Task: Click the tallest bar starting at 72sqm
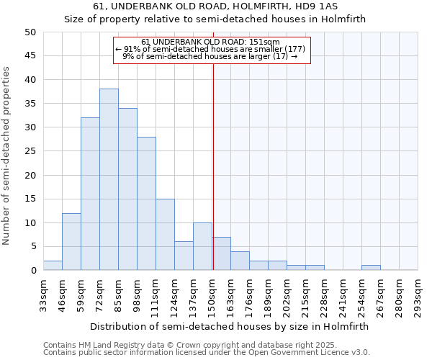point(109,179)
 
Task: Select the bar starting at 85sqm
point(127,189)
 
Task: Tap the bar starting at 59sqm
point(90,194)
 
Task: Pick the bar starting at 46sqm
point(71,241)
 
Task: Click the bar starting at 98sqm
point(146,203)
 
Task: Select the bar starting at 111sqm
point(165,234)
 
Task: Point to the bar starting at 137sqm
point(202,246)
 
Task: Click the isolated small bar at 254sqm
point(371,268)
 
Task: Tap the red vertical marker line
point(213,166)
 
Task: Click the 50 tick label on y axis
point(30,32)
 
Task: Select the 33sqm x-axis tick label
point(44,296)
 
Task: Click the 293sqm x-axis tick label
point(418,296)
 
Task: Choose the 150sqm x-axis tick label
point(212,296)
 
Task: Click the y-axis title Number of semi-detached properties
point(7,155)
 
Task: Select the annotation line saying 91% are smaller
point(211,49)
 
